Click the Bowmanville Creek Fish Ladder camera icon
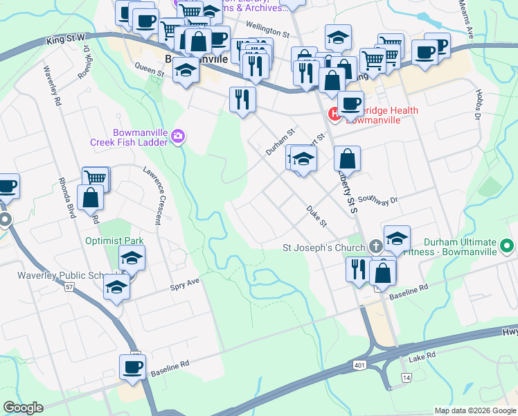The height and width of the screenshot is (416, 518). (x=178, y=135)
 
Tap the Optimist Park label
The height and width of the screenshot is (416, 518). (x=114, y=241)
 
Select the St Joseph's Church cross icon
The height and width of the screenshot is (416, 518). (x=375, y=246)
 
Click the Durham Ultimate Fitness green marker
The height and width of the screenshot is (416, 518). (x=507, y=246)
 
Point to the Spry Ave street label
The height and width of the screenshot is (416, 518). (x=184, y=285)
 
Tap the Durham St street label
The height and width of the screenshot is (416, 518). (x=280, y=141)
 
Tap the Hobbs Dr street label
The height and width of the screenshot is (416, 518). (x=478, y=105)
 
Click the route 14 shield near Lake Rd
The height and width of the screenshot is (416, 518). (x=406, y=376)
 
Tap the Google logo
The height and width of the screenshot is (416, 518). (x=23, y=408)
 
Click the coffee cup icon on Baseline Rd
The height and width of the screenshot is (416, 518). (x=132, y=368)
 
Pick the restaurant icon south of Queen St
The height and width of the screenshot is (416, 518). (x=242, y=99)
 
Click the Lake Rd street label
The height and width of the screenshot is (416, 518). (x=421, y=356)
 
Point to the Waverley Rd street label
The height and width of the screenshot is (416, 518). (x=53, y=86)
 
